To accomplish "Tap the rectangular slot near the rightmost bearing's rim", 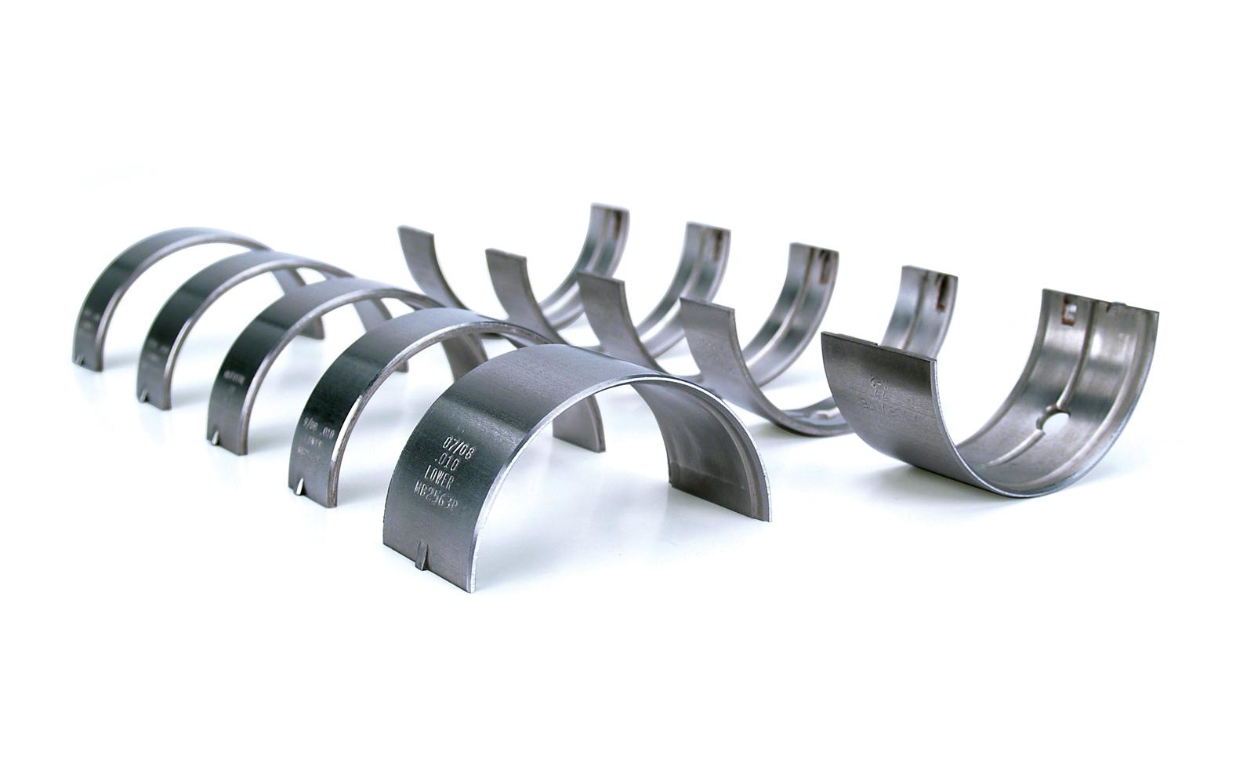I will (x=1067, y=315).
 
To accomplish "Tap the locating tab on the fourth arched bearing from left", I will (x=303, y=488).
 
